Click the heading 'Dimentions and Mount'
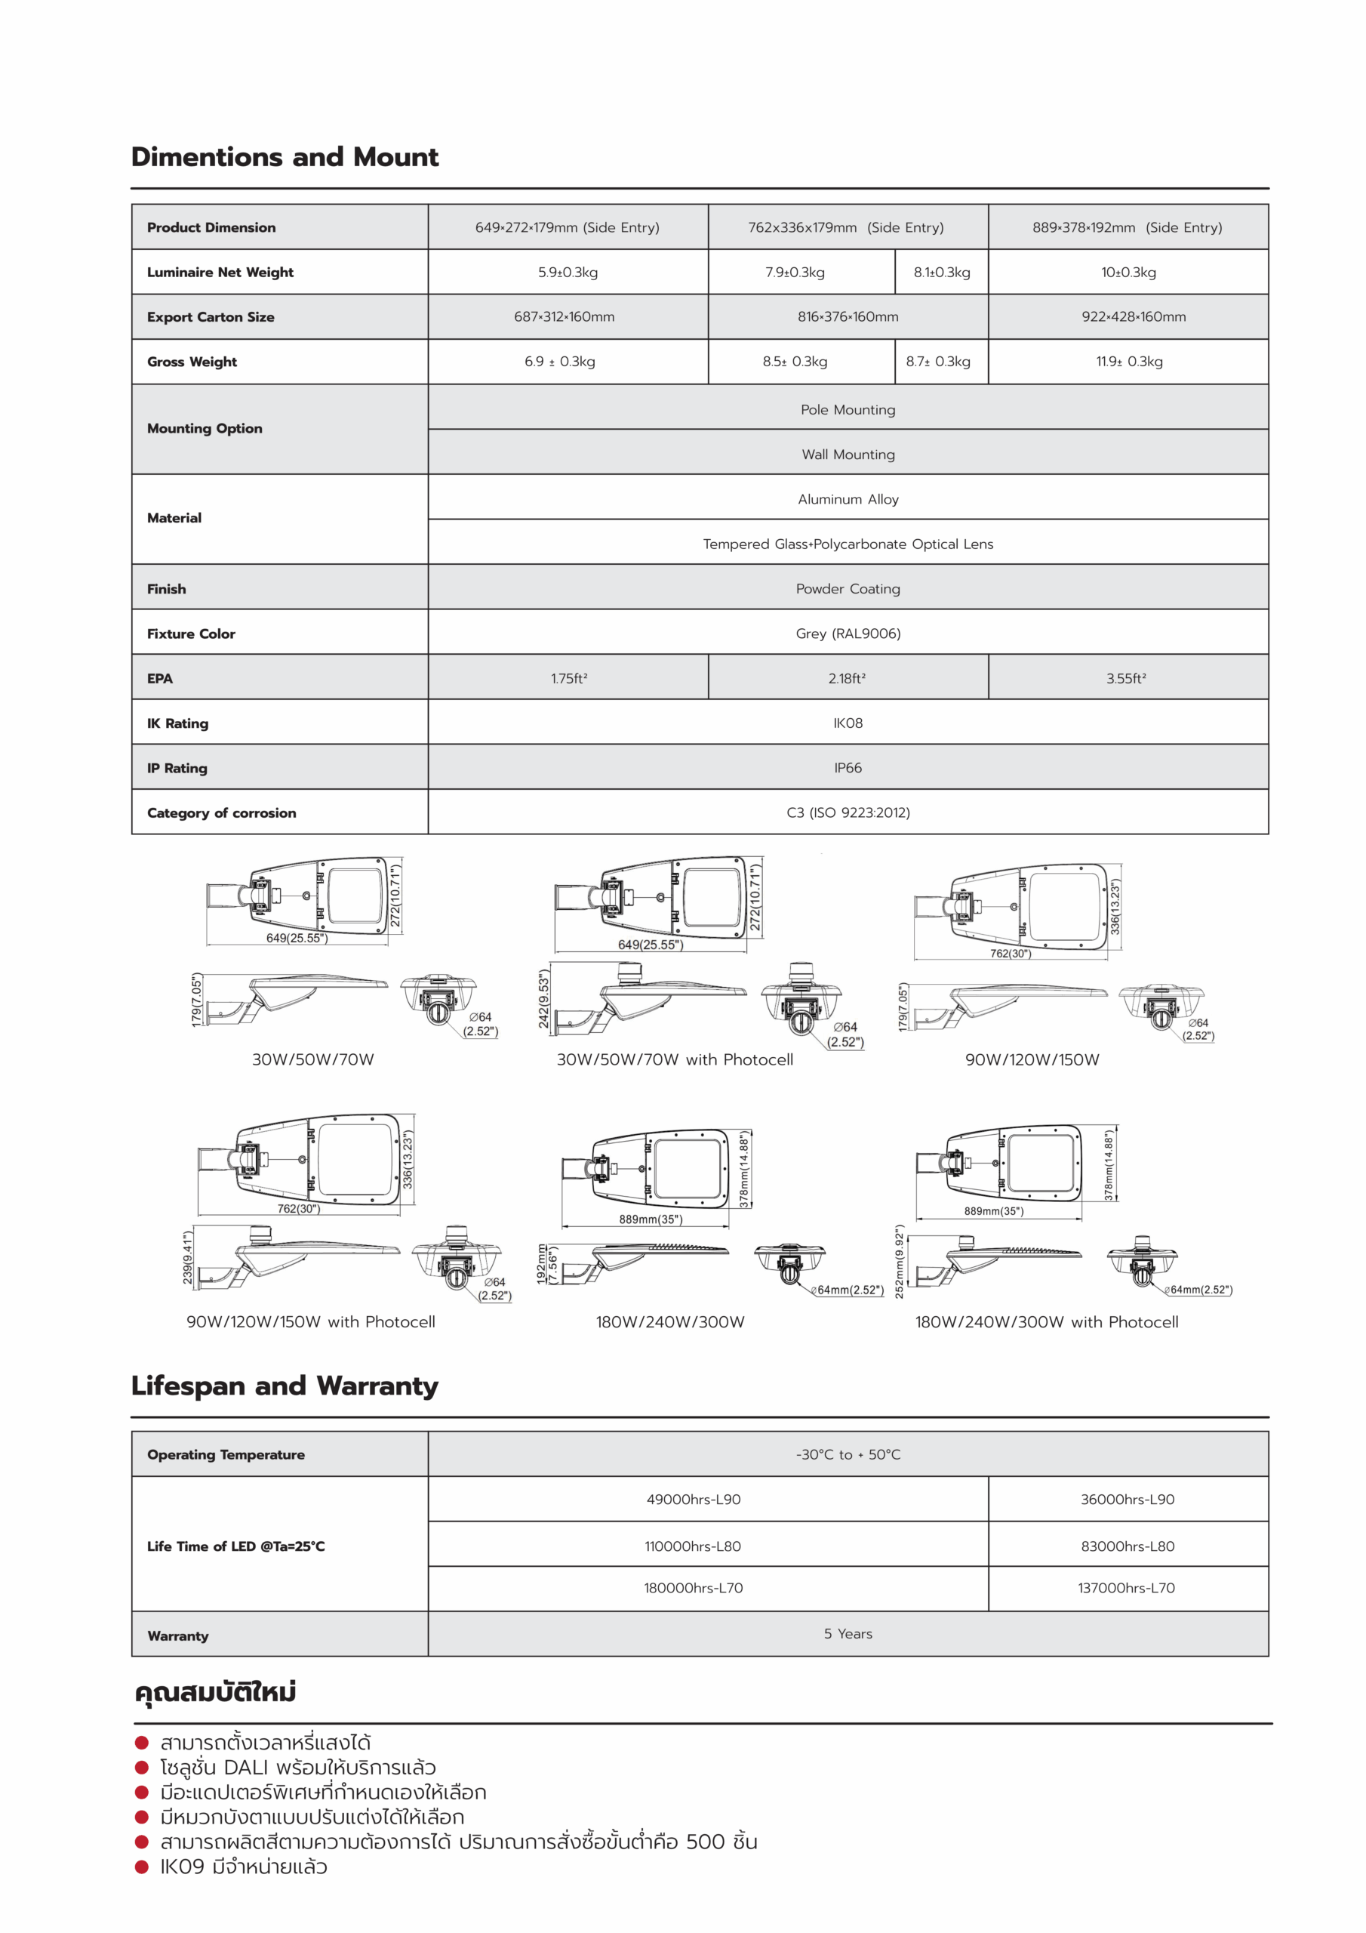285,158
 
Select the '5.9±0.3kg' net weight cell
568,272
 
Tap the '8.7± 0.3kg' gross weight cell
937,361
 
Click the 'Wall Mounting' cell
848,455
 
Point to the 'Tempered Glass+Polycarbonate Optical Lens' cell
848,544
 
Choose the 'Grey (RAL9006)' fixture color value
848,633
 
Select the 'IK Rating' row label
177,723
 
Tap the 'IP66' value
848,768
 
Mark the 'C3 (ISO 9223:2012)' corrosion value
848,812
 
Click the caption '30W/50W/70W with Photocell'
674,1059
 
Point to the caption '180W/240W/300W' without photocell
670,1322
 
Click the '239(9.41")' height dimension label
188,1257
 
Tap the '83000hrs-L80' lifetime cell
1127,1546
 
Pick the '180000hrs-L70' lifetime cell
693,1588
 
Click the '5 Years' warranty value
848,1633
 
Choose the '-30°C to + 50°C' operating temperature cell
848,1454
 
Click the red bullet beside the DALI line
142,1767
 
